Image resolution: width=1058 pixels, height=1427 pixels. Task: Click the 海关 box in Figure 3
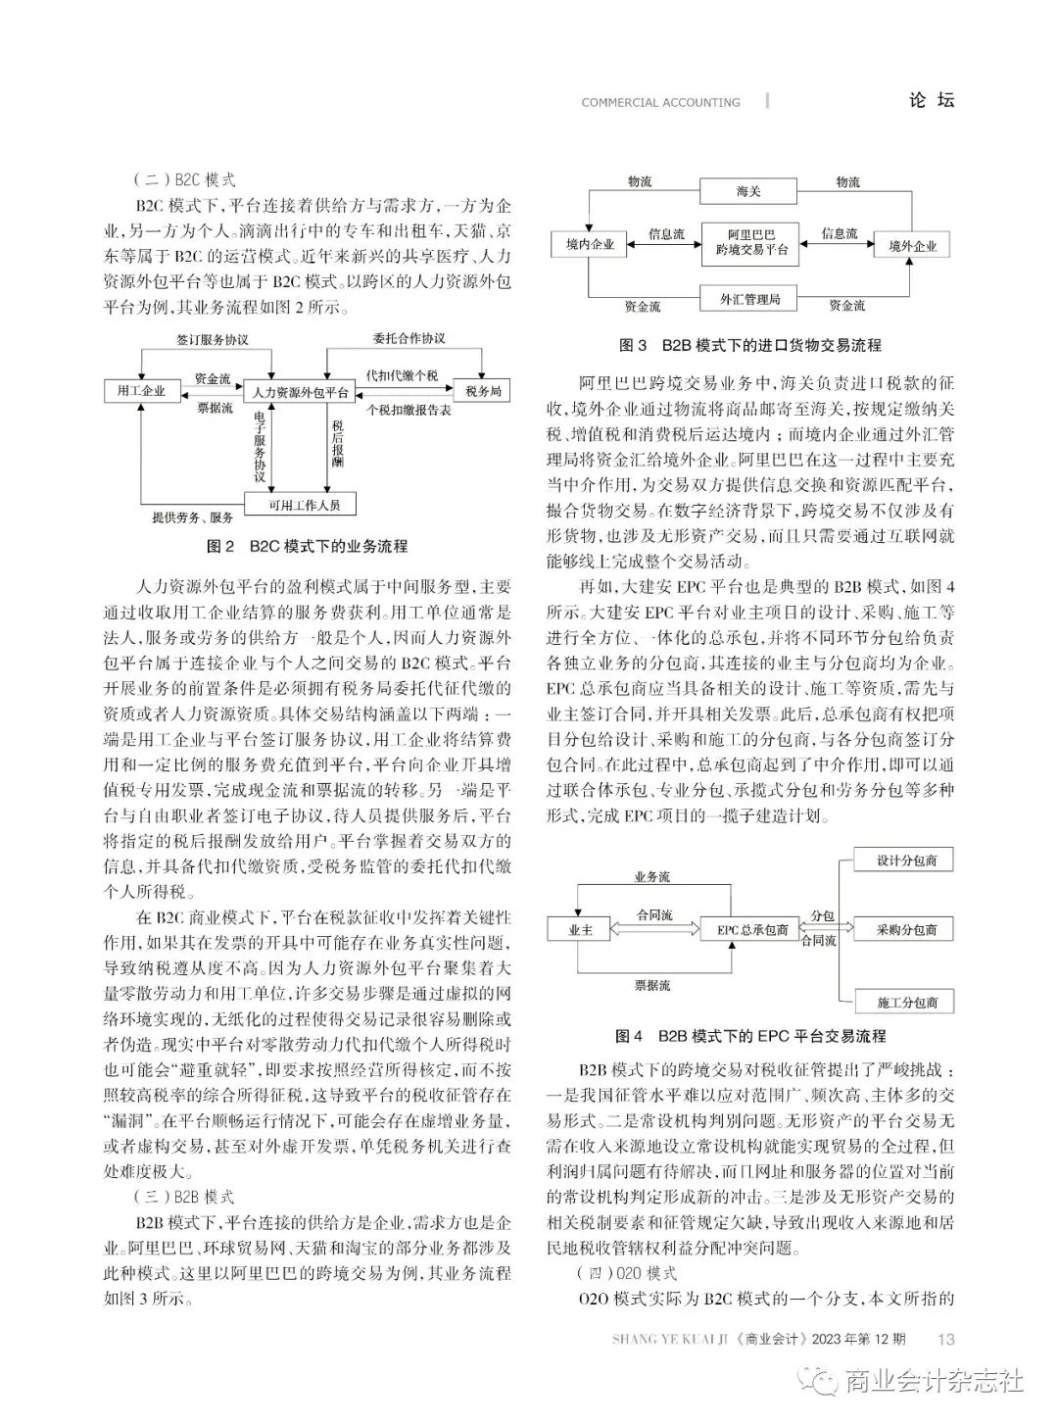(x=748, y=191)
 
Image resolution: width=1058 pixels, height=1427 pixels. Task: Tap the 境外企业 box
(x=912, y=246)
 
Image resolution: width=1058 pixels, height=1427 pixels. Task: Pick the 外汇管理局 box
(x=749, y=298)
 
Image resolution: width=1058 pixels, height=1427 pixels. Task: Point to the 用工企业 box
(x=141, y=391)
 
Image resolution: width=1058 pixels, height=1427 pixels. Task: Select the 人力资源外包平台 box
(x=300, y=392)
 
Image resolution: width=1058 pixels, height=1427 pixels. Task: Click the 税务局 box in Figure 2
(x=483, y=391)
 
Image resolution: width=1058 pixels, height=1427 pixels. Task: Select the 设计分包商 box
(x=906, y=861)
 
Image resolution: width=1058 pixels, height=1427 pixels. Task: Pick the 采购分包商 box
(x=906, y=929)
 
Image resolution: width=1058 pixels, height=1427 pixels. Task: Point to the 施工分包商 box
(x=906, y=1002)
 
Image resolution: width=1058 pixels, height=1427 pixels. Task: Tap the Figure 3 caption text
(x=750, y=345)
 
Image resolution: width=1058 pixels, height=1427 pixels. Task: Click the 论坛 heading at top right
(x=931, y=100)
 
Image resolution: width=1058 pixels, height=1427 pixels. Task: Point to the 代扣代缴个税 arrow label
(x=402, y=375)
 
